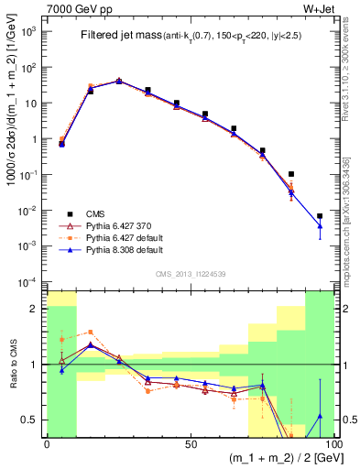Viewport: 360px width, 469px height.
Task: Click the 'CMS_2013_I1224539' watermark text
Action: click(x=191, y=272)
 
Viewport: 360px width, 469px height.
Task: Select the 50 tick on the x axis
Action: click(x=191, y=444)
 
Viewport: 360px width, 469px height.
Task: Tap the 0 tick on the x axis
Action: click(x=47, y=444)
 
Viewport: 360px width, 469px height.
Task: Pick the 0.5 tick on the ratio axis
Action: click(x=31, y=420)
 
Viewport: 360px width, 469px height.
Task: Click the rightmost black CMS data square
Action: click(x=320, y=216)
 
